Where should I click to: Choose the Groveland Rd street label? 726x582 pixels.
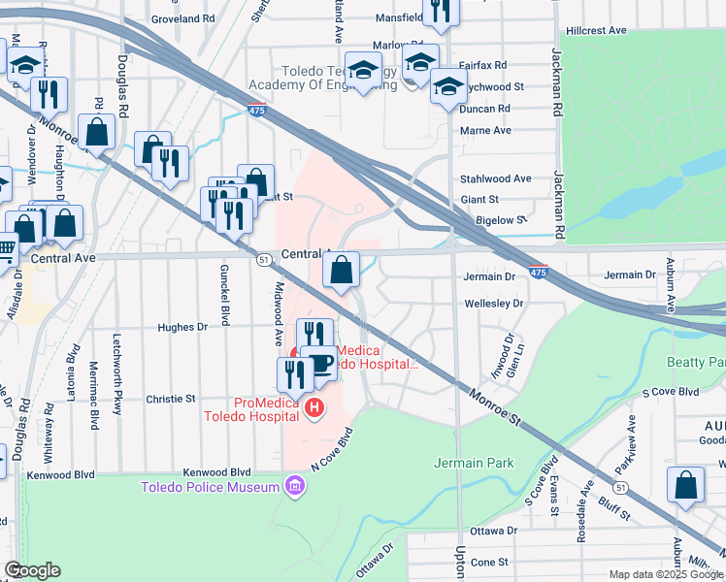(183, 18)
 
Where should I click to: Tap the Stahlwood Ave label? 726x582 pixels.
(495, 178)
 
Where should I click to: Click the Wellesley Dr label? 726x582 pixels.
(494, 304)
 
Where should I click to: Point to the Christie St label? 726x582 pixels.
(171, 399)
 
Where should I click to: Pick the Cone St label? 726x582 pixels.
(489, 562)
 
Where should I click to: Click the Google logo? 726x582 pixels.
(32, 570)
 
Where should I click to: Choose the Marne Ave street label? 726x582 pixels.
(484, 130)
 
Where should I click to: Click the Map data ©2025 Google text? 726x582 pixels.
(666, 574)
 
